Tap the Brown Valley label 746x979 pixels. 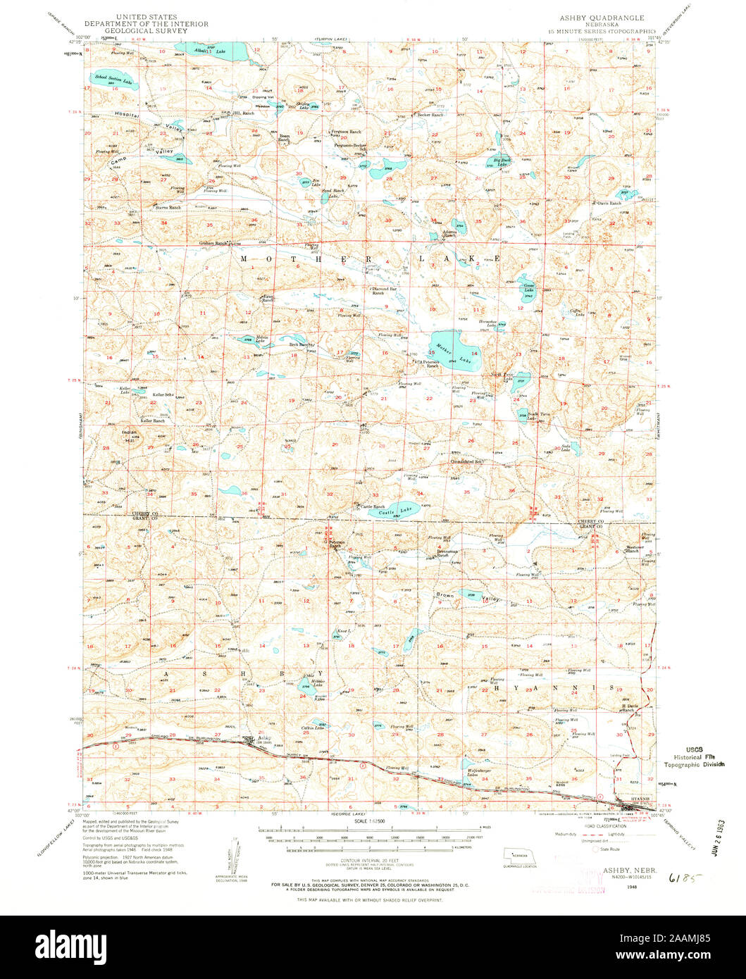468,597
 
